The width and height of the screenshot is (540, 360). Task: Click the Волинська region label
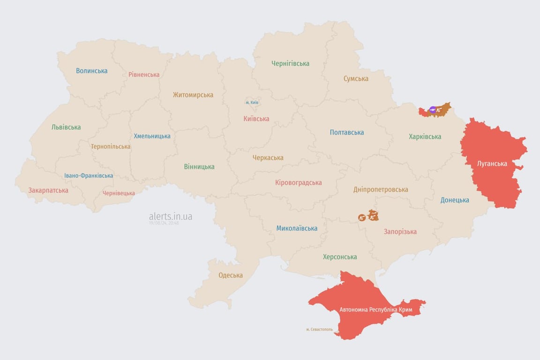92,71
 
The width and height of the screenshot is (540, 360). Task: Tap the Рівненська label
144,75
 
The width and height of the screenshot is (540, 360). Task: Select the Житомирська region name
193,95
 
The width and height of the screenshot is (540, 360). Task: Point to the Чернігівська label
290,63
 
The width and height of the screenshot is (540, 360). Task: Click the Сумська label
356,78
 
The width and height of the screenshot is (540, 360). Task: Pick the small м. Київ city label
252,102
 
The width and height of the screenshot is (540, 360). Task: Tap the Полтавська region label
347,132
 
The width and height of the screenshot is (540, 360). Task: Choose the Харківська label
425,136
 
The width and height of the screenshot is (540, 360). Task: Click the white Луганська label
492,164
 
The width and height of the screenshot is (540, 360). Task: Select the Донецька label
455,200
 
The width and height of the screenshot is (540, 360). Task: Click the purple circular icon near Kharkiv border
433,110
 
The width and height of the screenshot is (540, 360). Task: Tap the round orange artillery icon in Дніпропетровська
361,217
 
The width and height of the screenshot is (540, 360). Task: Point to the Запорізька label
400,231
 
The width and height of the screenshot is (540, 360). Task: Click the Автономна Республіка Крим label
368,310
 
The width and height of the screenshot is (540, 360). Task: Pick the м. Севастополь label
319,329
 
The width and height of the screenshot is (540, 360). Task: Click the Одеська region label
231,275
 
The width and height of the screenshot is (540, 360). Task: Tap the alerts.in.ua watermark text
171,216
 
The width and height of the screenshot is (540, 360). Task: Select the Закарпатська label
48,190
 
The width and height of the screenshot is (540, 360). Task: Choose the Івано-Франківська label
89,176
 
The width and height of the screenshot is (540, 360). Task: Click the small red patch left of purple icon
423,112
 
